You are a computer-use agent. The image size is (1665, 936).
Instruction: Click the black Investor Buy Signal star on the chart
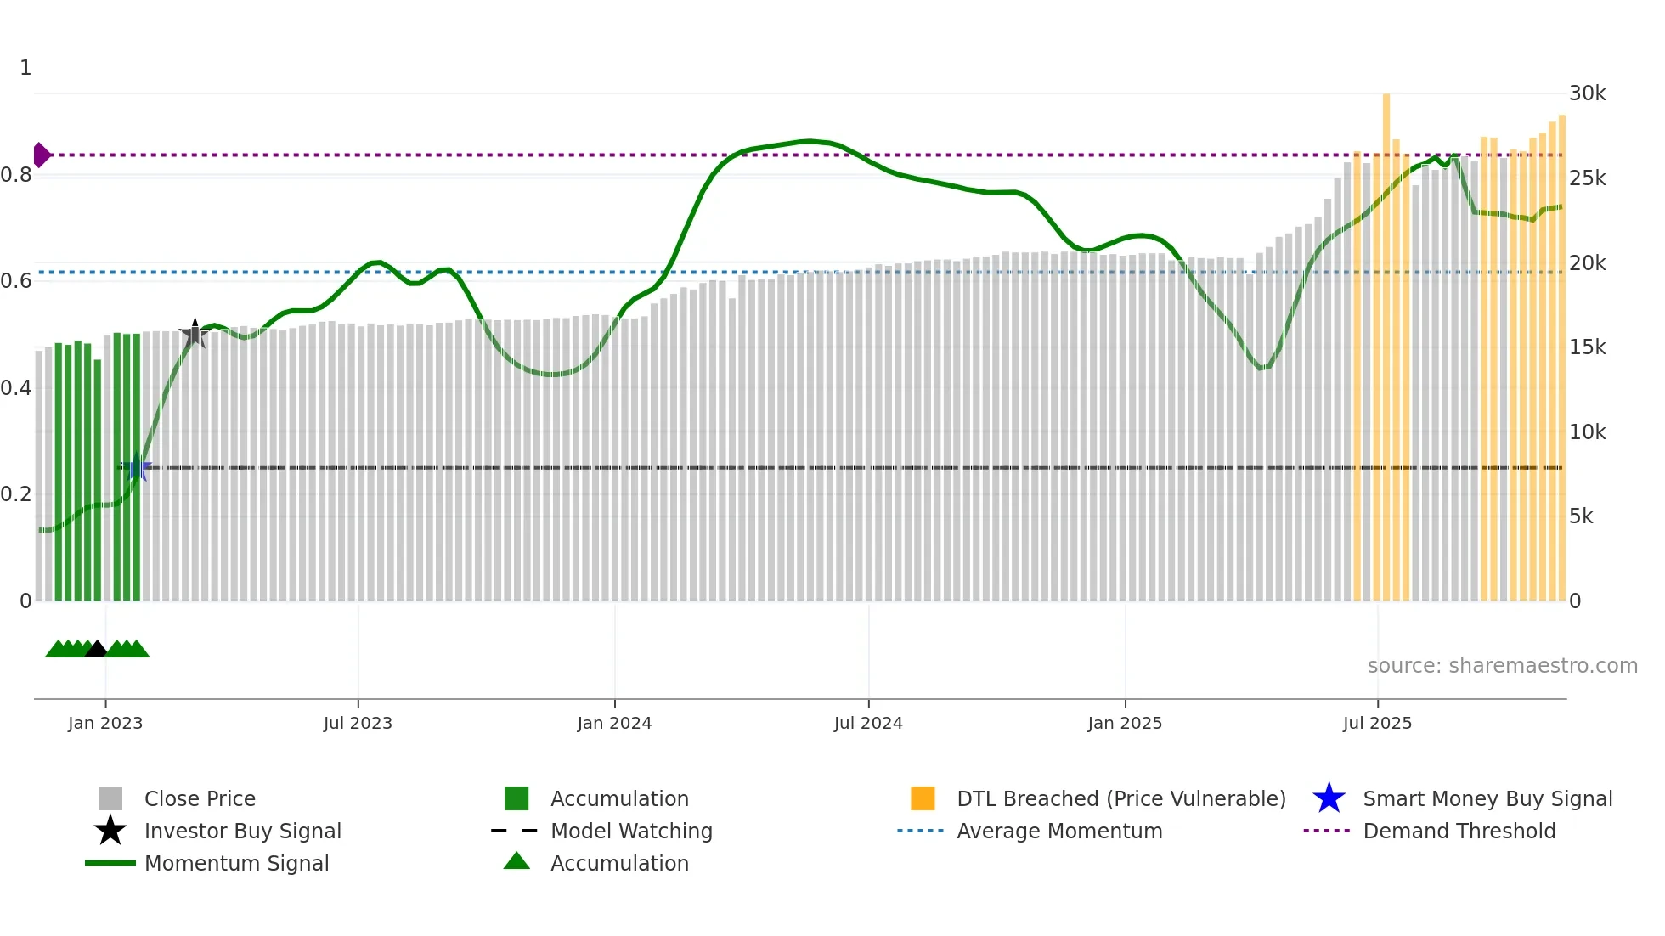click(x=195, y=334)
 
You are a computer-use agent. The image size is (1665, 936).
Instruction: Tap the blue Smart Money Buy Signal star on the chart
click(x=137, y=467)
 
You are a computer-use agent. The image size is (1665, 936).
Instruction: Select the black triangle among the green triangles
click(x=96, y=650)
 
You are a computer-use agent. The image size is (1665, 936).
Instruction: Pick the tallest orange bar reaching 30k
click(x=1386, y=340)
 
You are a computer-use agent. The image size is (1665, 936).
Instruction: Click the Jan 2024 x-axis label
click(x=614, y=723)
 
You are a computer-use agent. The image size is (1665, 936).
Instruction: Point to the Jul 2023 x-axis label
click(x=358, y=723)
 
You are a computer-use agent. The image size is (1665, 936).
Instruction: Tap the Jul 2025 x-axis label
click(x=1377, y=723)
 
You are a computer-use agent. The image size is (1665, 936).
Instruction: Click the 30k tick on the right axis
click(x=1587, y=93)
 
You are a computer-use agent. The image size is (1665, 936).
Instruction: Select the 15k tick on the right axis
click(x=1587, y=347)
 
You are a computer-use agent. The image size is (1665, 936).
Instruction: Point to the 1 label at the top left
click(x=25, y=68)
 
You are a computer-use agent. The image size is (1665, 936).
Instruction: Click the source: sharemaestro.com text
click(x=1502, y=665)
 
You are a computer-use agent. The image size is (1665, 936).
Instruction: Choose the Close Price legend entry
click(x=200, y=798)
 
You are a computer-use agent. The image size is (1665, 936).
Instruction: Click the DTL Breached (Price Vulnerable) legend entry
click(x=1120, y=798)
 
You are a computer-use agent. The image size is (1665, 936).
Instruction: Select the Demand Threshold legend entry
click(x=1459, y=831)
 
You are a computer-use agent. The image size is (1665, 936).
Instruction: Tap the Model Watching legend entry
click(x=631, y=831)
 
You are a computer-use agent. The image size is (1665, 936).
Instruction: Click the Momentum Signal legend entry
click(x=236, y=863)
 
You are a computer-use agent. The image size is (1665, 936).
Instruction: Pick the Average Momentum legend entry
click(x=1058, y=831)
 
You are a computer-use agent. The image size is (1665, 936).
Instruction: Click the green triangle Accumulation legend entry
click(x=619, y=863)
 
